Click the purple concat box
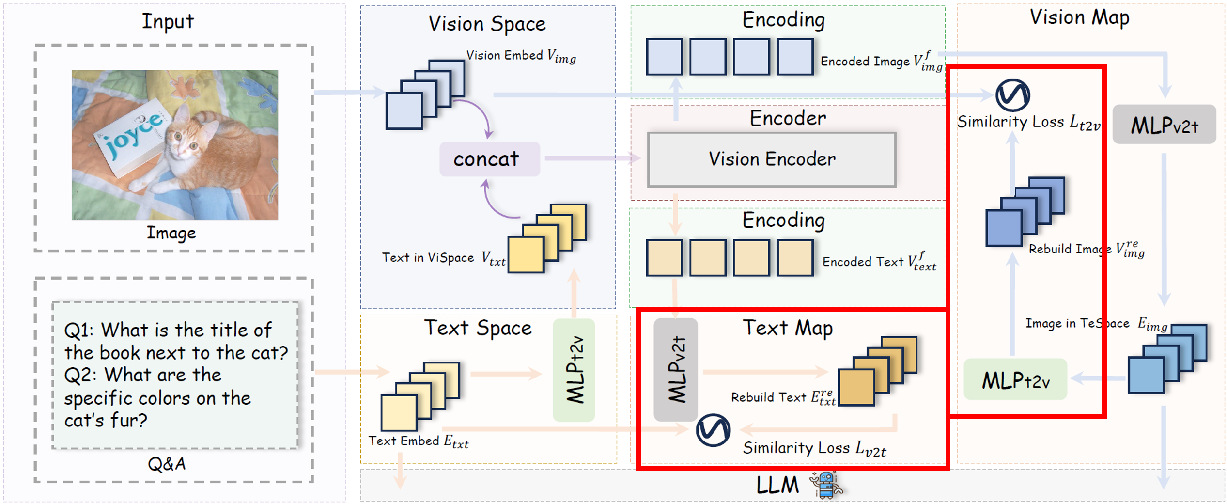(x=489, y=159)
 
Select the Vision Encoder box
(x=771, y=159)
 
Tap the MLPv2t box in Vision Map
(x=1164, y=125)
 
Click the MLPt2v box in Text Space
(x=574, y=369)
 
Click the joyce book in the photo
(x=133, y=136)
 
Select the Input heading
(x=168, y=21)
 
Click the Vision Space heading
(x=487, y=24)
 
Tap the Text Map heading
(x=788, y=328)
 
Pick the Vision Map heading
(x=1079, y=17)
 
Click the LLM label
(x=777, y=485)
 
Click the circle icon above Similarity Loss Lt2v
(x=1012, y=95)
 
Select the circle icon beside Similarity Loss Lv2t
(x=713, y=430)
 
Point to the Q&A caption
(x=167, y=464)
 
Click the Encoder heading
(x=788, y=118)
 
